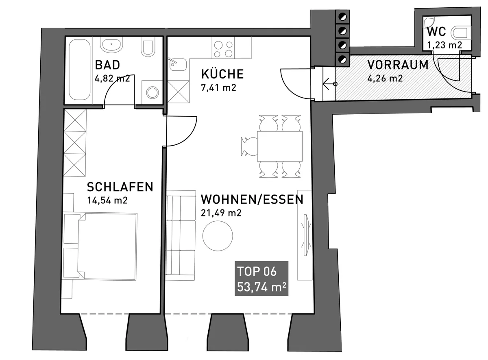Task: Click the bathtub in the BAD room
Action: [x=80, y=70]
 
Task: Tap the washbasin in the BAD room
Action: [x=111, y=45]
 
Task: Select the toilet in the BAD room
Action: [x=148, y=48]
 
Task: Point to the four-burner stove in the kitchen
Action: [x=223, y=49]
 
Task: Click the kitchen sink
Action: [x=178, y=64]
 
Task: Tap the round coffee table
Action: [x=218, y=236]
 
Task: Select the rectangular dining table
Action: [x=280, y=146]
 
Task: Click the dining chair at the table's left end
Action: [x=249, y=146]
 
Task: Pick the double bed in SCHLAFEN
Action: [x=100, y=247]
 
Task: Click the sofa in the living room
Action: [x=181, y=236]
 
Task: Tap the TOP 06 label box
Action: [x=261, y=278]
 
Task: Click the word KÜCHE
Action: [x=222, y=74]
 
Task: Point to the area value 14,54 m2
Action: [x=107, y=200]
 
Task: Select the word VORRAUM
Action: [x=398, y=65]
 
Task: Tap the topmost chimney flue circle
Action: [x=343, y=17]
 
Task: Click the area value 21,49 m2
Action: [x=221, y=213]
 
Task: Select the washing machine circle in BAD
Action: [x=152, y=92]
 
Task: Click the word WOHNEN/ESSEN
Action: [x=252, y=199]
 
